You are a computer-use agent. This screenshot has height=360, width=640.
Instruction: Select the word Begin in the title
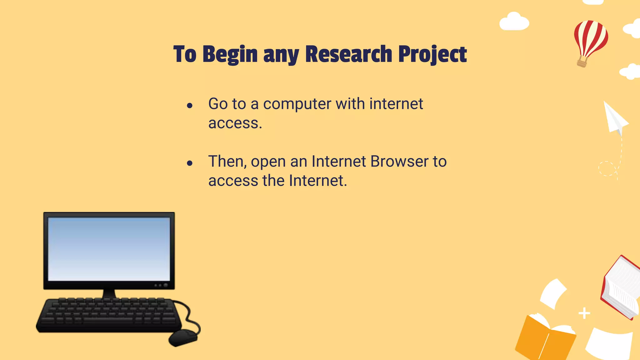(230, 55)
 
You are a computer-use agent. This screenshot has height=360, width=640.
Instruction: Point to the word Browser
(399, 162)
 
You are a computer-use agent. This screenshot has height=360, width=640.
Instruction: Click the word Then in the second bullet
(226, 162)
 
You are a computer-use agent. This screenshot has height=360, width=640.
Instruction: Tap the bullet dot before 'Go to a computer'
(189, 106)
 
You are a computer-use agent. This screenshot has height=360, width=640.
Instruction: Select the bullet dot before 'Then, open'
(189, 163)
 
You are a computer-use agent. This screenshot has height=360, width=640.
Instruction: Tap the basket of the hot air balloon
(582, 62)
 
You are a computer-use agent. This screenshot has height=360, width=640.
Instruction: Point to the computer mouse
(183, 338)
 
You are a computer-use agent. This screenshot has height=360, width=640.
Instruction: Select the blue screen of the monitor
(109, 249)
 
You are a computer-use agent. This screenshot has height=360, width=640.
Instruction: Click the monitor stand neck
(109, 293)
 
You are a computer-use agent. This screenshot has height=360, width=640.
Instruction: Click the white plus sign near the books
(584, 313)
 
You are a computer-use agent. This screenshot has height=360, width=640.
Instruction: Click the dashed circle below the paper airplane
(607, 169)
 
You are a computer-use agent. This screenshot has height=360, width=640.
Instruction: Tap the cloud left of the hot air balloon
(514, 22)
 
